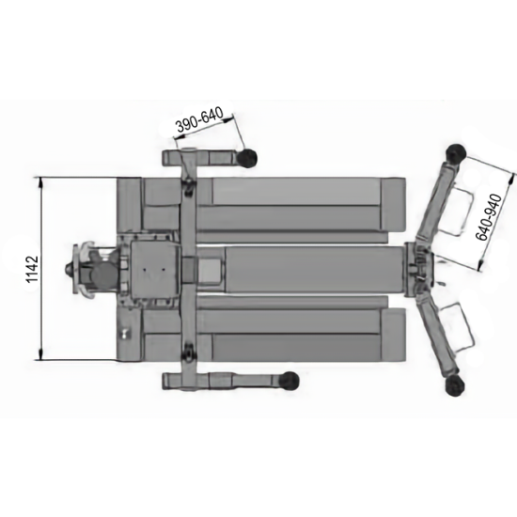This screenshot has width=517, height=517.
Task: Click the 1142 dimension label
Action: pyautogui.click(x=32, y=269)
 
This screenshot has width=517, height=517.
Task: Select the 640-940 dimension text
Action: pyautogui.click(x=489, y=217)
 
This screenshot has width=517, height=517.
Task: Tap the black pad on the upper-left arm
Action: pyautogui.click(x=247, y=157)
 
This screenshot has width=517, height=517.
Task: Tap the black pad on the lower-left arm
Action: pyautogui.click(x=289, y=380)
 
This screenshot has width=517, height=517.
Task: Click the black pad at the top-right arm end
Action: pyautogui.click(x=456, y=152)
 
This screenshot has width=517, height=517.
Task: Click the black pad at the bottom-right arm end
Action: pyautogui.click(x=455, y=386)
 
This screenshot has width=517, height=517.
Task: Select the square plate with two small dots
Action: pyautogui.click(x=154, y=270)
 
